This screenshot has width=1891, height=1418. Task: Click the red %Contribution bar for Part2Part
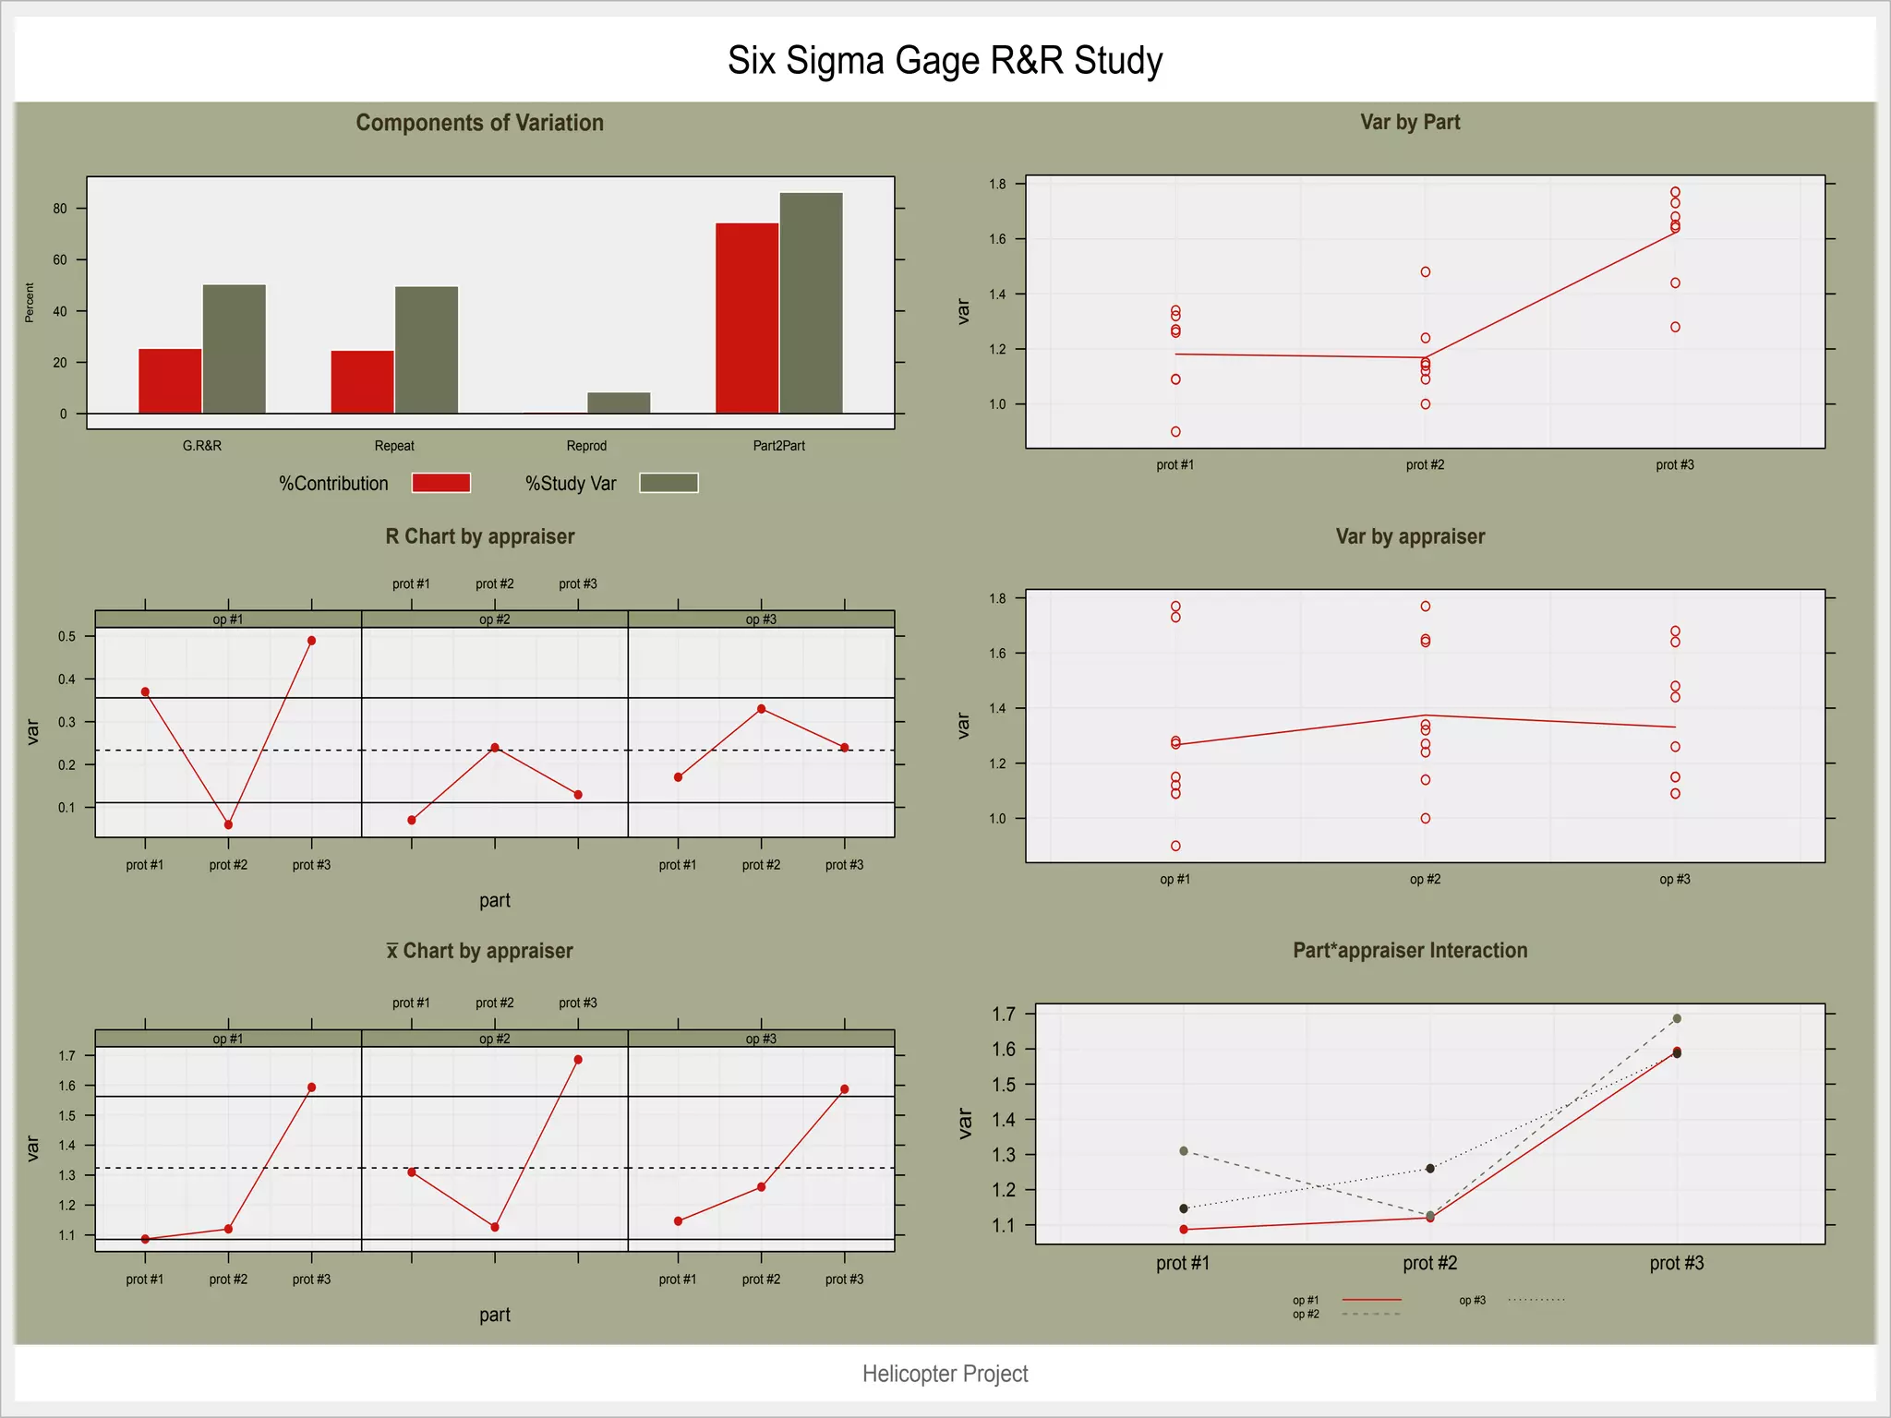[747, 318]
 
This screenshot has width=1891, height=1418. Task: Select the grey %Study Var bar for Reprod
[619, 403]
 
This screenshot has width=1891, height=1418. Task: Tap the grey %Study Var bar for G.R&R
[235, 348]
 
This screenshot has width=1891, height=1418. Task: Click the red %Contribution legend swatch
[441, 483]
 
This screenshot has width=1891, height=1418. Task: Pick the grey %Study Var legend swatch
[668, 483]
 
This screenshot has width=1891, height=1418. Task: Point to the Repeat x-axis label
[394, 446]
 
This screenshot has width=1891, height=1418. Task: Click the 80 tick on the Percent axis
[60, 209]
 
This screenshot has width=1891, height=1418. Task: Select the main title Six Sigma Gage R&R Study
[945, 61]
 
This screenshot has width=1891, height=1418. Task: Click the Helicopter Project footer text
[945, 1374]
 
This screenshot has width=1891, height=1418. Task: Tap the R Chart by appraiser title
[479, 536]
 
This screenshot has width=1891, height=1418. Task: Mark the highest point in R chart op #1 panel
[311, 641]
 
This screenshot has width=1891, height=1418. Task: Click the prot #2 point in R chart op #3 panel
[761, 709]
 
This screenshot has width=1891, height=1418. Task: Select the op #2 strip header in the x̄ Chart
[494, 1039]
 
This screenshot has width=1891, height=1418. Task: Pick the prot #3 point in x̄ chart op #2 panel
[578, 1060]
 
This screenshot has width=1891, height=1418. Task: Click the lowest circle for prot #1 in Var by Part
[1175, 432]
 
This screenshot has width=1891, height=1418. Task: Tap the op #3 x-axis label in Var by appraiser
[1674, 879]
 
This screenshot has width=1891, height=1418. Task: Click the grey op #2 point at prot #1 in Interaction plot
[1184, 1151]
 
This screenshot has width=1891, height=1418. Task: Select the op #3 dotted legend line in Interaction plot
[1536, 1300]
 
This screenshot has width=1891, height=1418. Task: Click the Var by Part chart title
[1409, 122]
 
